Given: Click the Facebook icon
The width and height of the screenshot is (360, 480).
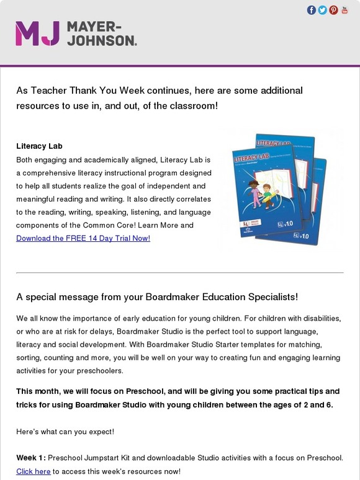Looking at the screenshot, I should (312, 10).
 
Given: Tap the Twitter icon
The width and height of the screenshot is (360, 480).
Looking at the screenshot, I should (322, 10).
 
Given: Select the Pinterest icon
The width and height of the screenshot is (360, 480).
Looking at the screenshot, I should (333, 10).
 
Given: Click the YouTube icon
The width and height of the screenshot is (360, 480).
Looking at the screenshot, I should (344, 10).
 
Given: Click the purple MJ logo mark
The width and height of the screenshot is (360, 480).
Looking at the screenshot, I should (37, 33).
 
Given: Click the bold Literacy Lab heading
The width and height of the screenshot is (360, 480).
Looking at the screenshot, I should (40, 146).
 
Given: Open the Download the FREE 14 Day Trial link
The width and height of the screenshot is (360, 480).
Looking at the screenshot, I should (83, 238).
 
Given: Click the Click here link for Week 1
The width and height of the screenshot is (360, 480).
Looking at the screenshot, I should (33, 471).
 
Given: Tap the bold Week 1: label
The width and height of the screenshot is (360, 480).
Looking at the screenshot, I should (31, 458).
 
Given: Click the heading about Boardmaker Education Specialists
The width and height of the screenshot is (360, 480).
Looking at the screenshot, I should (157, 296).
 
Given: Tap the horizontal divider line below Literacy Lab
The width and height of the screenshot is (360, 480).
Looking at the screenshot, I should (179, 272).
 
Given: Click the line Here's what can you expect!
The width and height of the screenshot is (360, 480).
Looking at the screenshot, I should (65, 430).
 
